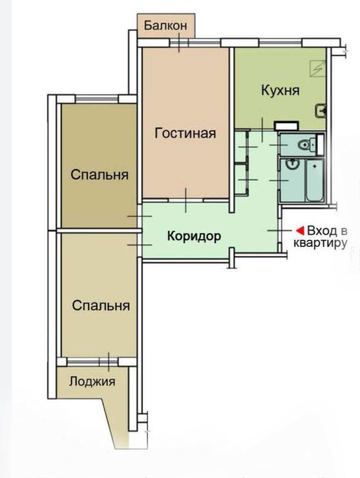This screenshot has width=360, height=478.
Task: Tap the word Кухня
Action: (x=280, y=90)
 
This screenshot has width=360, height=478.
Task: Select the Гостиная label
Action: (x=185, y=133)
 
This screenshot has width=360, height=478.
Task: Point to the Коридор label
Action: (x=194, y=236)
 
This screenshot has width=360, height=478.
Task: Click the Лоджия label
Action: (x=92, y=381)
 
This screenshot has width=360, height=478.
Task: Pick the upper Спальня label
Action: (x=99, y=175)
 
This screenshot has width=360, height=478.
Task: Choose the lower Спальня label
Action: (x=101, y=306)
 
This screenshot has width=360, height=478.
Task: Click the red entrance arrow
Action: (x=301, y=230)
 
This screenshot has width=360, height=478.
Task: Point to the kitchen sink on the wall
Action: (x=321, y=110)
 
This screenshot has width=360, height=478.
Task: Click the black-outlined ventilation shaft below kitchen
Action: (x=286, y=126)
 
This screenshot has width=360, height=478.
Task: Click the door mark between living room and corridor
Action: (x=186, y=200)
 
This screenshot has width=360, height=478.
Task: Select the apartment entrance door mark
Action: (x=280, y=231)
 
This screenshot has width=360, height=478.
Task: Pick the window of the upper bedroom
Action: (x=97, y=99)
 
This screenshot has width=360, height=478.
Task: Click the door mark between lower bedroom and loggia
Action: (x=108, y=361)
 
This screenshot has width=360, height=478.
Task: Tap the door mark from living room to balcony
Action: (x=180, y=43)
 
